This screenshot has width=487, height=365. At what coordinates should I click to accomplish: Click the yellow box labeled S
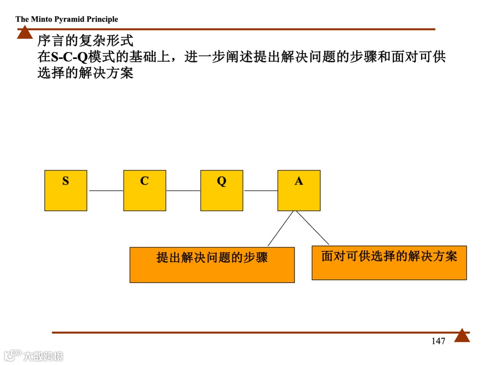click(x=66, y=190)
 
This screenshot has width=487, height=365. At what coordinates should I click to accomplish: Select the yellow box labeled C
click(x=144, y=190)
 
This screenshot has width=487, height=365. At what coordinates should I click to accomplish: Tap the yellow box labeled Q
click(x=221, y=190)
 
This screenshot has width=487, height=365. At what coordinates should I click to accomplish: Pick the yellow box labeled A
click(x=299, y=190)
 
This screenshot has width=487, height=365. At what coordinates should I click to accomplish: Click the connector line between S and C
click(x=106, y=191)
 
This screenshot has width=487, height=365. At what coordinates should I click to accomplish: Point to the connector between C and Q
click(x=183, y=191)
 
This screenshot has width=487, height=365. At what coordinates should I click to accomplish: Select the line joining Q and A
click(x=261, y=191)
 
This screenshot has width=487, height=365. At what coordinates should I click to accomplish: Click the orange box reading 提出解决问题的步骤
click(x=212, y=265)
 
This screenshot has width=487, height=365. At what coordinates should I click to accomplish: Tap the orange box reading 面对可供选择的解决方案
click(x=389, y=263)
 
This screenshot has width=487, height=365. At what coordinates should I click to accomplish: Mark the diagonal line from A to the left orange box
click(x=280, y=228)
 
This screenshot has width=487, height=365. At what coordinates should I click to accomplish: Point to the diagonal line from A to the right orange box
click(x=312, y=228)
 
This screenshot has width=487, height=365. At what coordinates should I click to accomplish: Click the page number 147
click(x=438, y=341)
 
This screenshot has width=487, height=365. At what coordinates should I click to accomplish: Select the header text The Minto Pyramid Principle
click(x=67, y=19)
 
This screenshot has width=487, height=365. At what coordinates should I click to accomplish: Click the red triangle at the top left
click(x=25, y=32)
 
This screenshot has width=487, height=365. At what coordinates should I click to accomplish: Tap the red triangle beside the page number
click(x=462, y=336)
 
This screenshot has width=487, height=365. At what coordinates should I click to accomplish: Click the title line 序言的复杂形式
click(x=85, y=41)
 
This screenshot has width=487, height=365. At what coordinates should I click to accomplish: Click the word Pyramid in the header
click(x=70, y=19)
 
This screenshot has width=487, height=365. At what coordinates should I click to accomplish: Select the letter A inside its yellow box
click(x=299, y=181)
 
